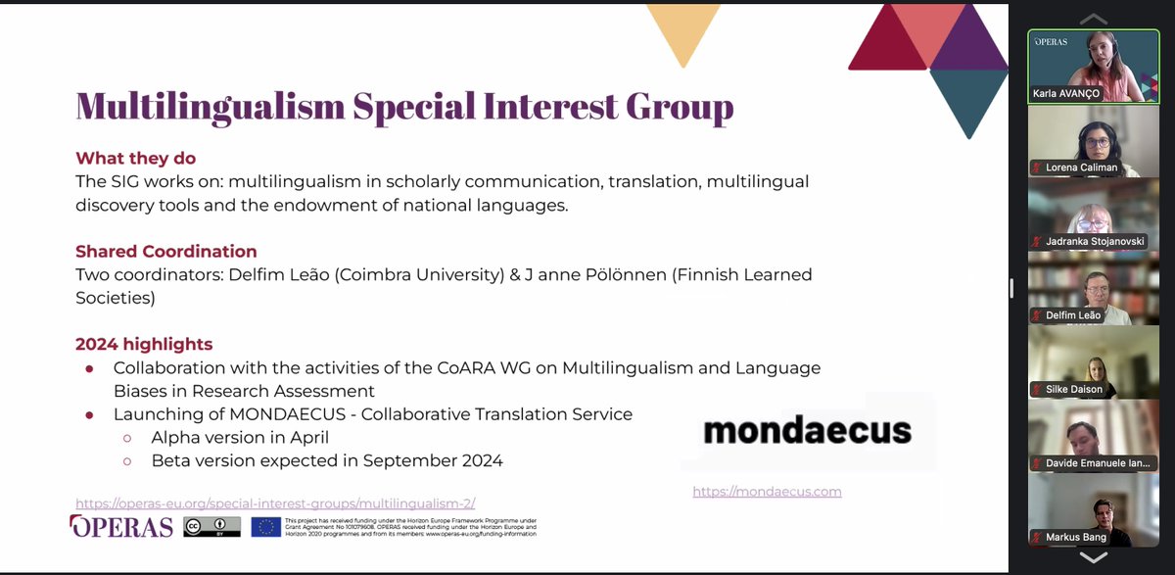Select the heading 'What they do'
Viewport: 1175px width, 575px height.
click(135, 159)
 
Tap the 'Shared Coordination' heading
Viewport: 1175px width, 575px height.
click(166, 252)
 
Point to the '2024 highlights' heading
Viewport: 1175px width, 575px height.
click(144, 344)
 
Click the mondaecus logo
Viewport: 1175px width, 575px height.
click(807, 429)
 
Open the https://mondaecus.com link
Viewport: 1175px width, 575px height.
click(767, 492)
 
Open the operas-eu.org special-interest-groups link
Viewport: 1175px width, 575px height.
click(275, 502)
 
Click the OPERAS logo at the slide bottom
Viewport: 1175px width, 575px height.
click(121, 526)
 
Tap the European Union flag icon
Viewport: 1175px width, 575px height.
click(265, 526)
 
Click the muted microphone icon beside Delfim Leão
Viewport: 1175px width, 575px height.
click(1036, 315)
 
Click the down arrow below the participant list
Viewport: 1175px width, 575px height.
click(1093, 557)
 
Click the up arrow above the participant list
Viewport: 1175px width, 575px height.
click(1093, 19)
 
